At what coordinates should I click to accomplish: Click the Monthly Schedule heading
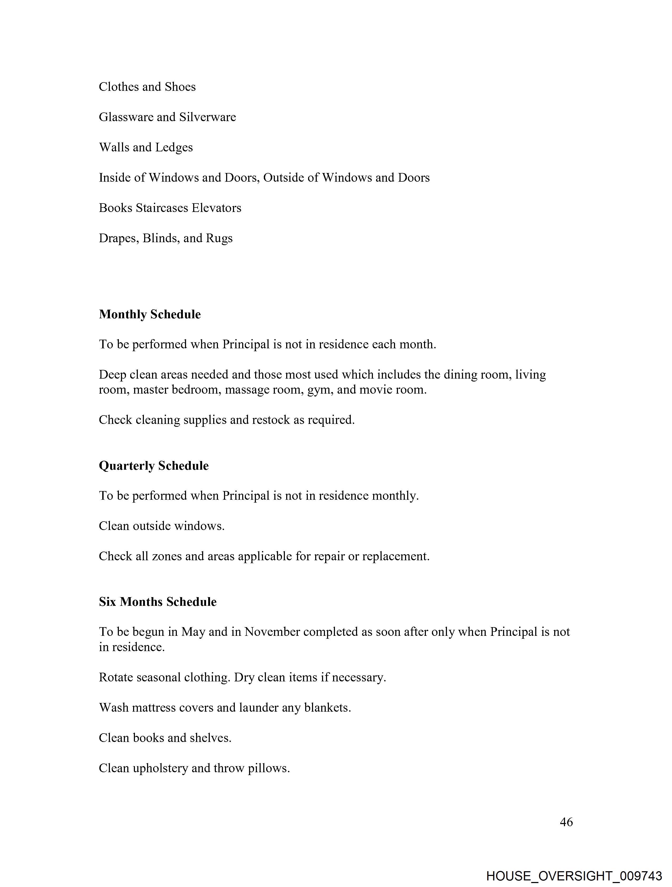[x=150, y=314]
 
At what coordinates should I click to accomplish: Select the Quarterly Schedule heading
[x=154, y=465]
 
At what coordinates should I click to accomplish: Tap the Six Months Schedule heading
[x=158, y=602]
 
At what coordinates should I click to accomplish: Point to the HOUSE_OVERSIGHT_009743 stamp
[x=574, y=876]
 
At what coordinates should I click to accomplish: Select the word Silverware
[x=208, y=117]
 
